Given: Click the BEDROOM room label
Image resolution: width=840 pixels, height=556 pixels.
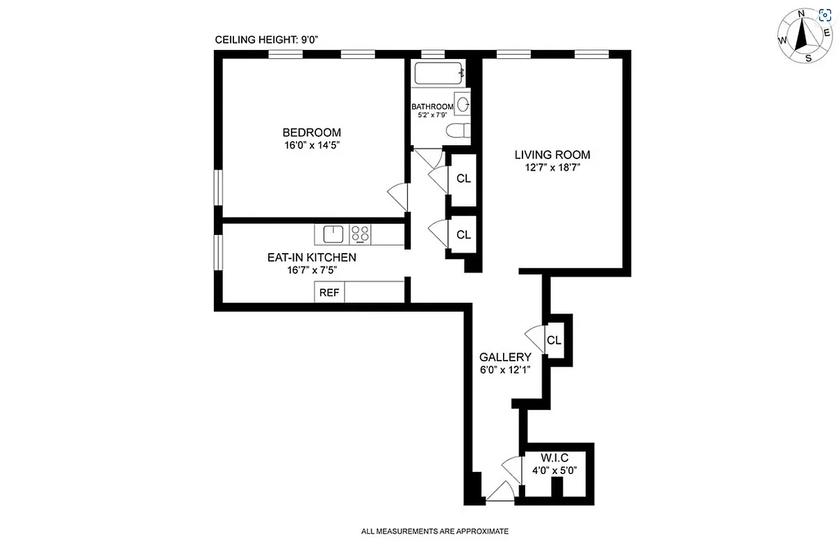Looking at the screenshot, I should (311, 133).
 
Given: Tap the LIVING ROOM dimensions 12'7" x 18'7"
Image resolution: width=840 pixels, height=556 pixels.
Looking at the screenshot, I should (552, 167).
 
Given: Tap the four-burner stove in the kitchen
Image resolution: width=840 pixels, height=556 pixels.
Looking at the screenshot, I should (360, 234).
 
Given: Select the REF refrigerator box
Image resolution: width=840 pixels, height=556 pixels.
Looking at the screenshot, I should (329, 293).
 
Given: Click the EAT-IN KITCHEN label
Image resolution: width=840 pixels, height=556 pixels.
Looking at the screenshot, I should (311, 257).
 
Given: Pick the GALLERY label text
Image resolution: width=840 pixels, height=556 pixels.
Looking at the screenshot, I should (504, 357).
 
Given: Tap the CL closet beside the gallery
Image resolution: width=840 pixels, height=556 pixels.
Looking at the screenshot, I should (554, 341).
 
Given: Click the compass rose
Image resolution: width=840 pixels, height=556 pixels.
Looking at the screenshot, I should (804, 36).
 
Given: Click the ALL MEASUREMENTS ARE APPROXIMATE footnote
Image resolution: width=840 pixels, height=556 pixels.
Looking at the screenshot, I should (434, 532).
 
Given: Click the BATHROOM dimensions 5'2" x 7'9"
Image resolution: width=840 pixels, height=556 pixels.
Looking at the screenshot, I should (432, 115).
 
